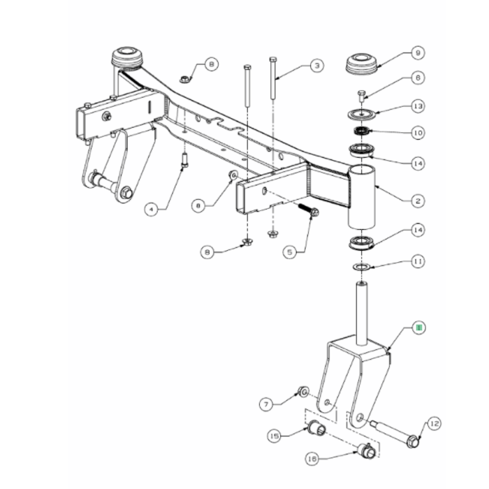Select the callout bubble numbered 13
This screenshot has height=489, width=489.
click(417, 106)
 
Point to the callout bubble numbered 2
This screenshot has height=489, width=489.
click(417, 201)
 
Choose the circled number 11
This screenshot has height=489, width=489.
click(417, 263)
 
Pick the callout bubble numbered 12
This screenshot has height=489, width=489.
click(433, 423)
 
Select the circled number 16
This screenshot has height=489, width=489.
click(311, 458)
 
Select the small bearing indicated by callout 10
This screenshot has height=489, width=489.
click(362, 131)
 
